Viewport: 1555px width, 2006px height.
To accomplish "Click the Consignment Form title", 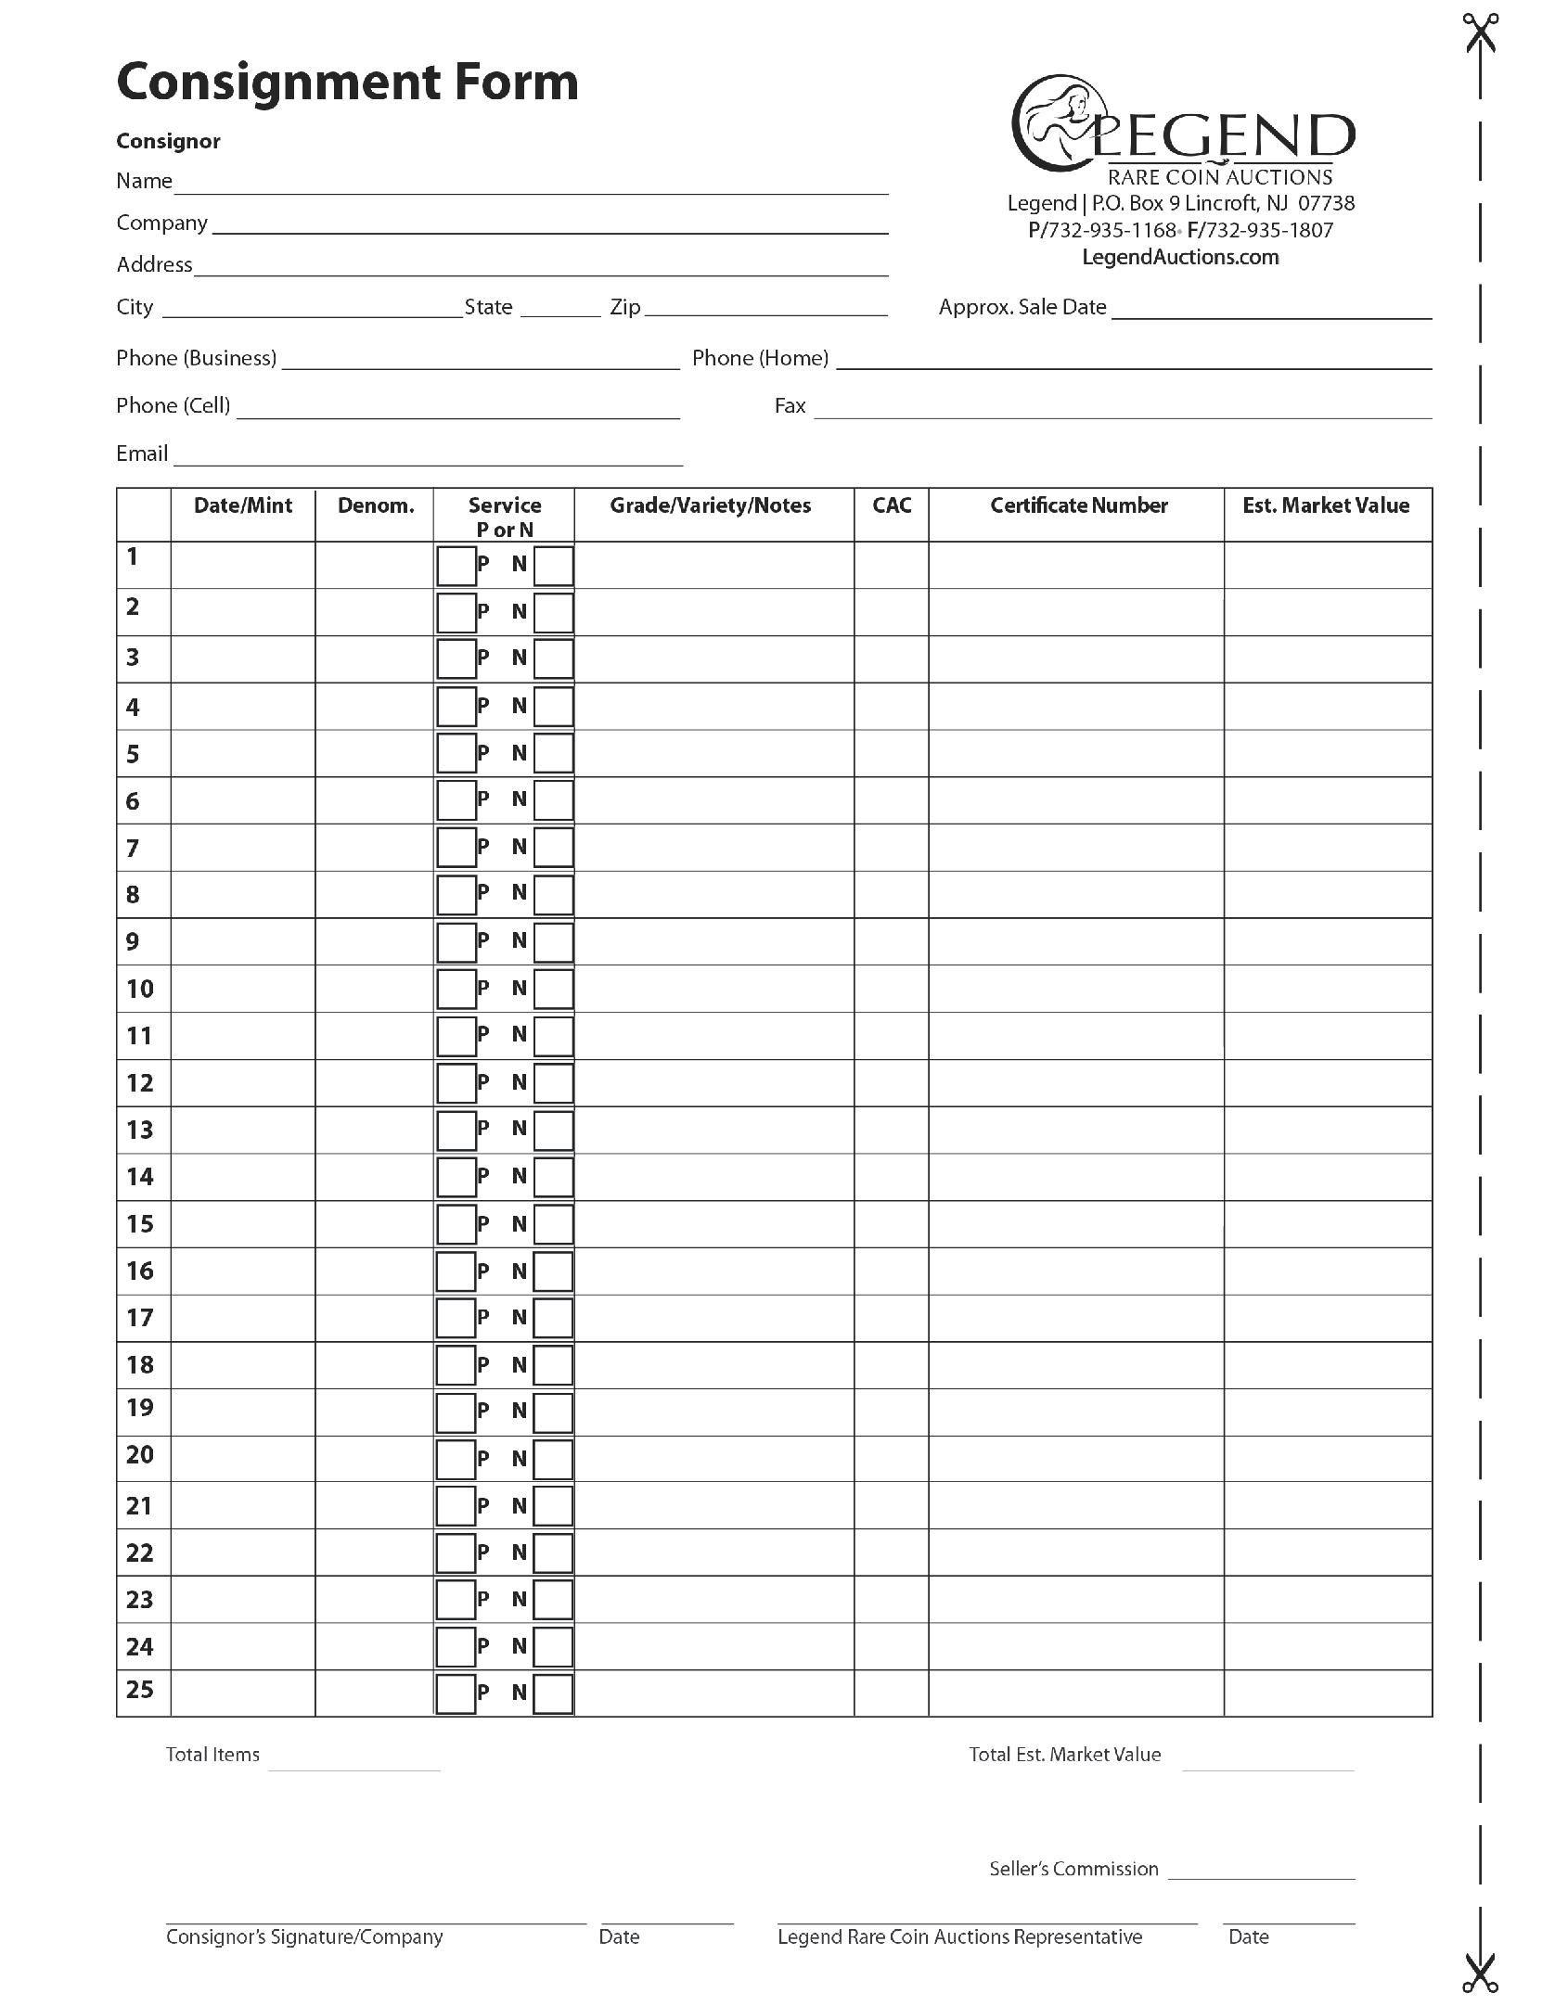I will pyautogui.click(x=347, y=82).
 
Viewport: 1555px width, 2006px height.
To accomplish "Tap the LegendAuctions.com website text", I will pyautogui.click(x=1180, y=257).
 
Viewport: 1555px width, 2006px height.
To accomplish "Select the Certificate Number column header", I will pyautogui.click(x=1078, y=505).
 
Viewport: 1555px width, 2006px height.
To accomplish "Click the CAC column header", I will pyautogui.click(x=892, y=505).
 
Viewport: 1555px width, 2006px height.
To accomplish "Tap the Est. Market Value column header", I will pyautogui.click(x=1326, y=505).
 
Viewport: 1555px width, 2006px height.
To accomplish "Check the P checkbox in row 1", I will pyautogui.click(x=456, y=566).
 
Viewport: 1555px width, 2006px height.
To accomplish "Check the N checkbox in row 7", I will pyautogui.click(x=554, y=848).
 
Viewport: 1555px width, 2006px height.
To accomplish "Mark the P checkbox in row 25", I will pyautogui.click(x=456, y=1693).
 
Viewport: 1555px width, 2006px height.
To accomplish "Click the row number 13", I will pyautogui.click(x=140, y=1130).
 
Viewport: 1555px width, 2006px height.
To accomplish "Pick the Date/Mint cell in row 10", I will pyautogui.click(x=243, y=989).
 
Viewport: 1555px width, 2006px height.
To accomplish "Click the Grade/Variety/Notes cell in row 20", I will pyautogui.click(x=713, y=1458).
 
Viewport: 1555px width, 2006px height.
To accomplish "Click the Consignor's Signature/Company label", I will pyautogui.click(x=304, y=1937).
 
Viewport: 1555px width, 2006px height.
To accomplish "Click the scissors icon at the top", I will pyautogui.click(x=1481, y=34).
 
